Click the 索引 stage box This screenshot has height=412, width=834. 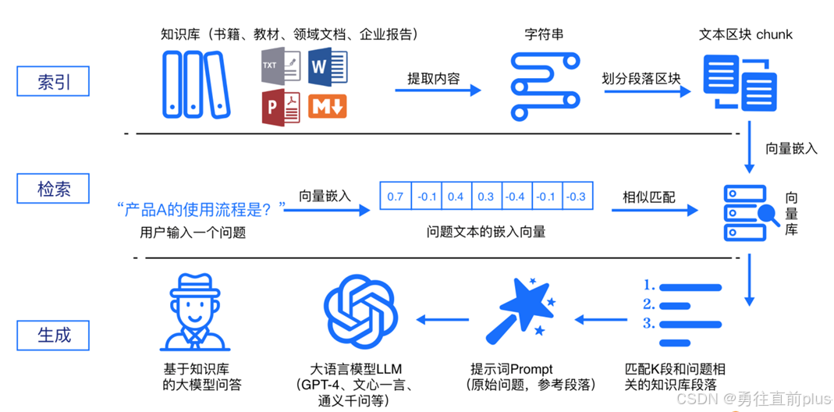53,82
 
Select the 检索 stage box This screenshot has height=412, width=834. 53,189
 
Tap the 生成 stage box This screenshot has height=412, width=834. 53,335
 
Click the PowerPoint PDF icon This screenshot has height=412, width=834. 280,106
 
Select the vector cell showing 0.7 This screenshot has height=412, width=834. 395,197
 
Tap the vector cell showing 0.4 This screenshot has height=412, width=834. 456,197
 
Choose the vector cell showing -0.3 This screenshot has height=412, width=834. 577,197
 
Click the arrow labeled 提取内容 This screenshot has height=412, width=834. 438,91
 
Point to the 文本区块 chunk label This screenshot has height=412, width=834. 746,35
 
